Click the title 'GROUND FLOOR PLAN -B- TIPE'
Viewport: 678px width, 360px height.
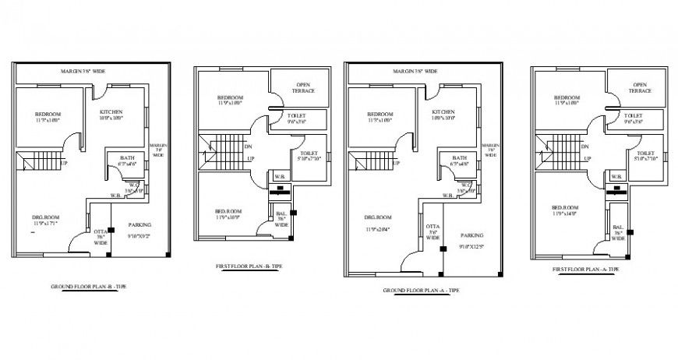(88, 288)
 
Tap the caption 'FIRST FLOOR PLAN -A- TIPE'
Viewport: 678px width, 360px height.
(585, 269)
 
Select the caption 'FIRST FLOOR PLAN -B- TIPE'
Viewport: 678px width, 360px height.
(249, 266)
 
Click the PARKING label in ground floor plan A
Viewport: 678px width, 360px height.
(472, 235)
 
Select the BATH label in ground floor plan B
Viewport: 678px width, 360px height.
(126, 158)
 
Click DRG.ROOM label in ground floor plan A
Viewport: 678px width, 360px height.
(379, 217)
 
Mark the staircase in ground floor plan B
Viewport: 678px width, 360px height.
(36, 163)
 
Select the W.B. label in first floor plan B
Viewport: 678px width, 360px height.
(278, 175)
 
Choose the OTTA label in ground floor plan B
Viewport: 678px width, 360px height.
(101, 231)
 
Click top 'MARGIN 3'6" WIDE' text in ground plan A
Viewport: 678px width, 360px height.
(415, 71)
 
